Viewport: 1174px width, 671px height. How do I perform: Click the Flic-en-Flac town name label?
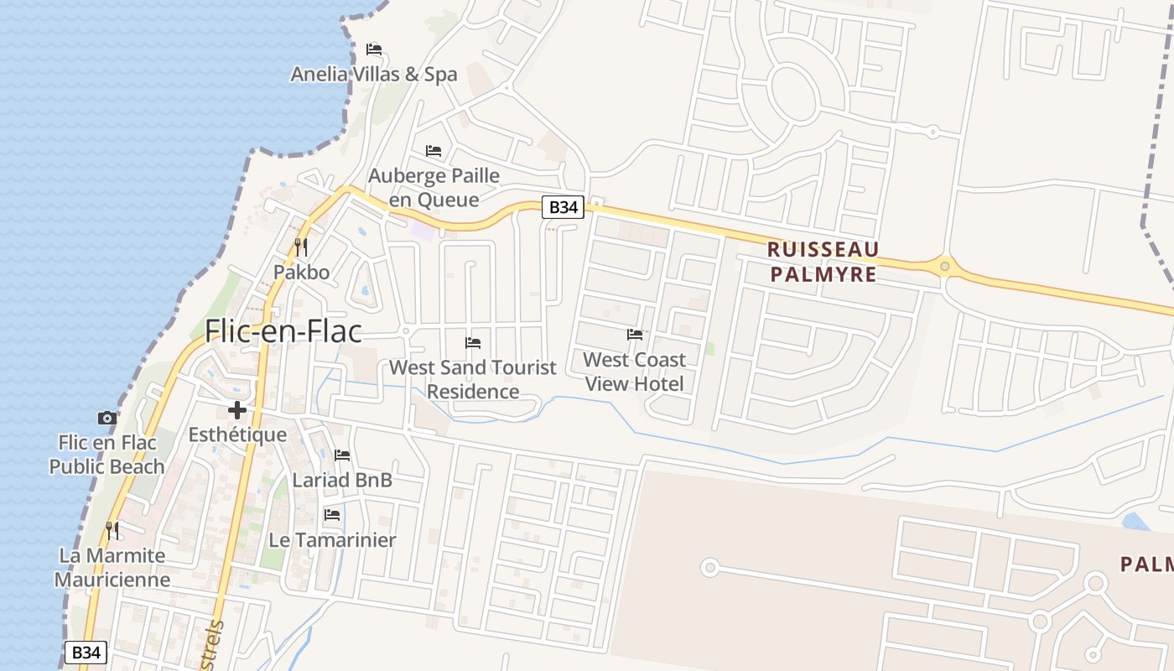[283, 331]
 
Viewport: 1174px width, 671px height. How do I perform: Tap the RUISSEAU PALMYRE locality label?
[823, 262]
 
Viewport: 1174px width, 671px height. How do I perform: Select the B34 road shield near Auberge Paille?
[562, 207]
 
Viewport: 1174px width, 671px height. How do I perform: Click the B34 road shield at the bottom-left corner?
[86, 653]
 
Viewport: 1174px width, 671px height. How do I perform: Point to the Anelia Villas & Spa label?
[374, 74]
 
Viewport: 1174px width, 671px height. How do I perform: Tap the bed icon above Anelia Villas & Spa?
[374, 49]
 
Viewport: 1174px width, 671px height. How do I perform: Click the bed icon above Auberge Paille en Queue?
[434, 151]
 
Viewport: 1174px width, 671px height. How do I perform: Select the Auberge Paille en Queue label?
[434, 188]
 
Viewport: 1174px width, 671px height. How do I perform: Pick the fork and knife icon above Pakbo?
[301, 247]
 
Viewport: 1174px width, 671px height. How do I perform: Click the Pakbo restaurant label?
[301, 272]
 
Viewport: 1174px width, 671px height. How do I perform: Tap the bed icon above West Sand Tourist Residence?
[473, 343]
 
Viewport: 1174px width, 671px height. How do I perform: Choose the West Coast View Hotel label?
[634, 372]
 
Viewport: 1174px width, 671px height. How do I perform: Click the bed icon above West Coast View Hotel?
[635, 335]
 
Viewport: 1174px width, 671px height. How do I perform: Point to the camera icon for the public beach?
[107, 418]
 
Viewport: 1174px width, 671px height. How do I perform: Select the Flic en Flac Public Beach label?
[106, 454]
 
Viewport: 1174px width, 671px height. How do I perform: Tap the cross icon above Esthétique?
[237, 410]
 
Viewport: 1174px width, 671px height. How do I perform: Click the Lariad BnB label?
[342, 480]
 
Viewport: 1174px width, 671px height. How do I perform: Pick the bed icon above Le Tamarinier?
[332, 515]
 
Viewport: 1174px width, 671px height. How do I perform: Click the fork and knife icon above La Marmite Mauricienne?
[112, 530]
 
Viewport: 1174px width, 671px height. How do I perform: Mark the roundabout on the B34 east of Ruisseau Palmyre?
[945, 267]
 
